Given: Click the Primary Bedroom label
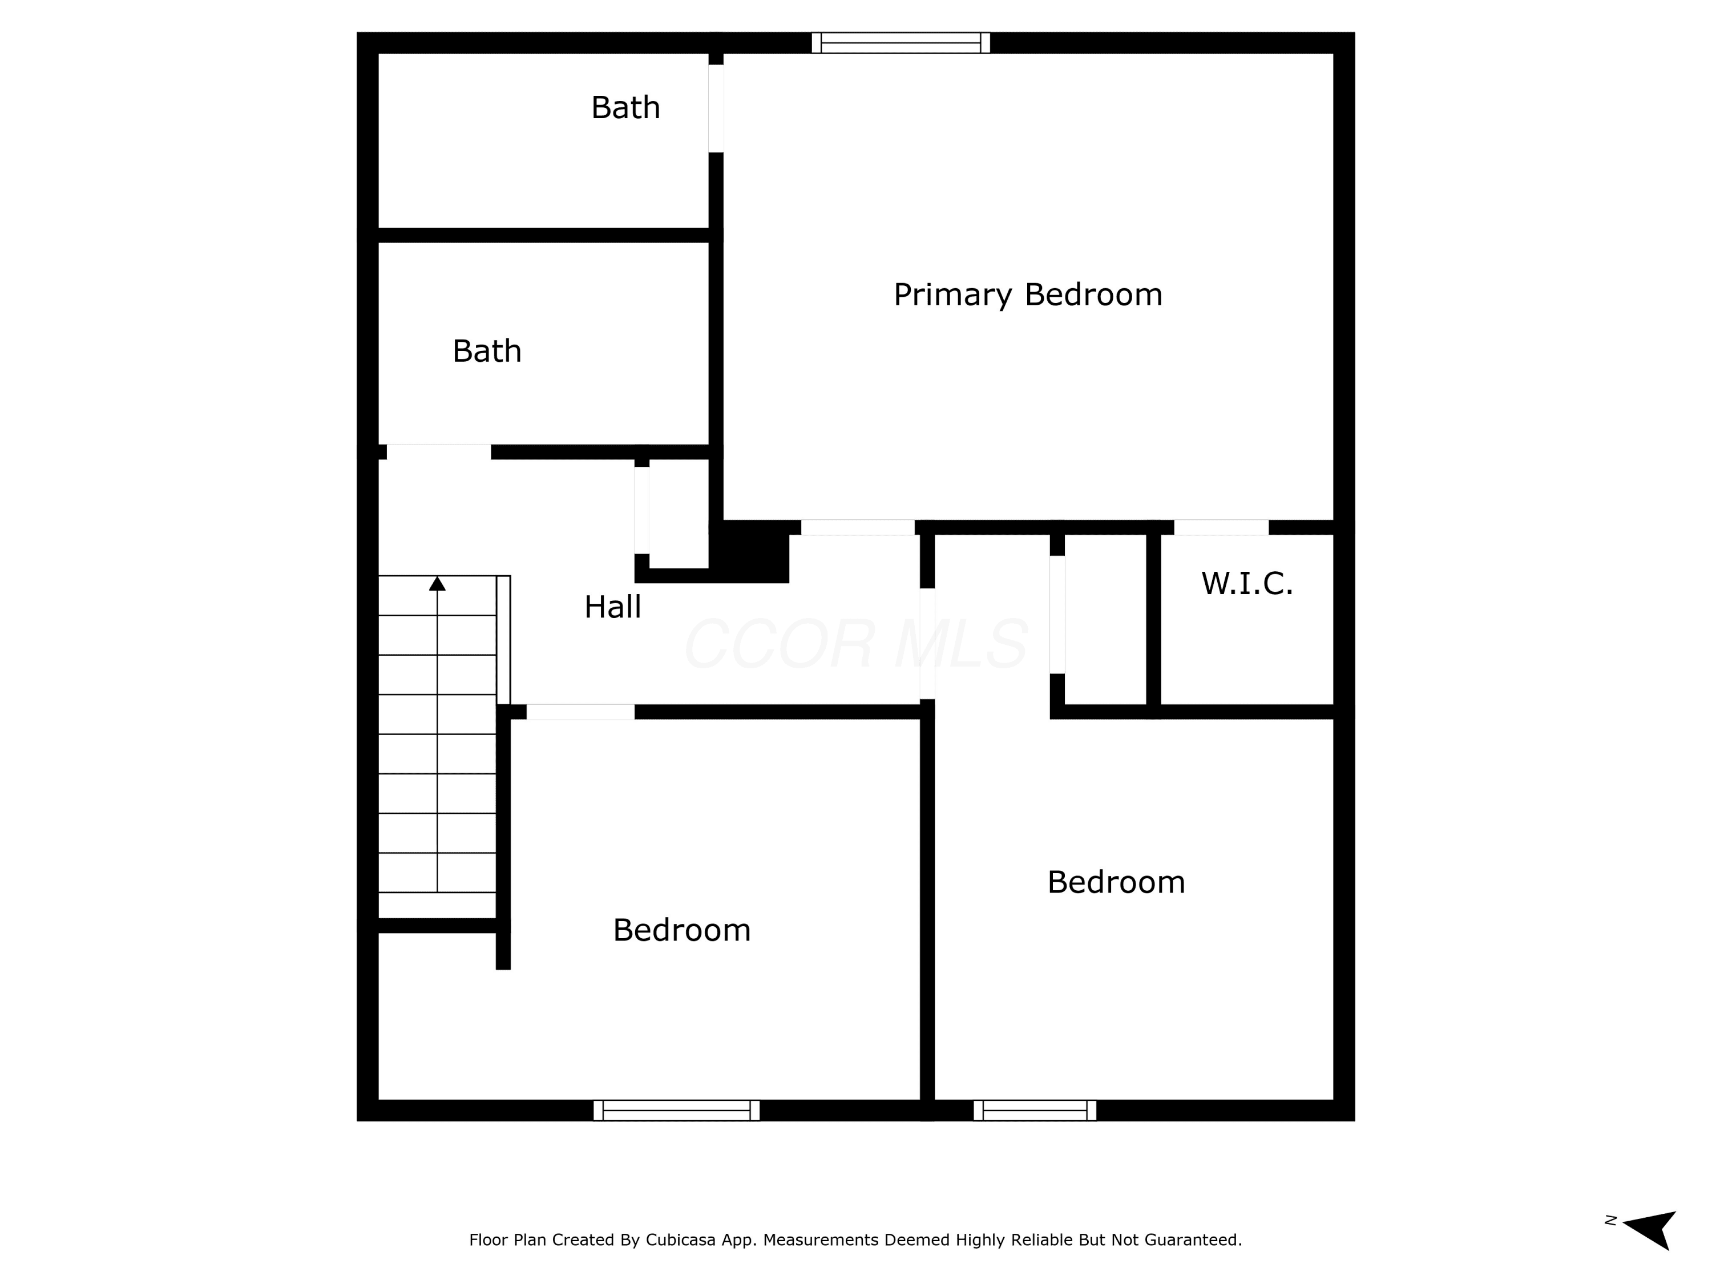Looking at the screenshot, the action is tap(1028, 295).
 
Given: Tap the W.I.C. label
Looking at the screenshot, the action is tap(1247, 584).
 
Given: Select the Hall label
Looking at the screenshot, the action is tap(612, 607).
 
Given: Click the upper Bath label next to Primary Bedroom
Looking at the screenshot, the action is tap(625, 108).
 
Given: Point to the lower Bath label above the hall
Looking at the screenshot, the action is tap(487, 352).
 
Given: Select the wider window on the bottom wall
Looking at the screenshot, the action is tap(676, 1111).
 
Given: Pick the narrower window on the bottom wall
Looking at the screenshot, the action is tap(1035, 1111).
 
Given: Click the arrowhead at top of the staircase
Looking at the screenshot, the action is tap(437, 584).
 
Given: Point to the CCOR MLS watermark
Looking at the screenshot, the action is tap(856, 644).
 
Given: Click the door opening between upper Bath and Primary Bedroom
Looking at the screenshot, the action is tap(716, 108).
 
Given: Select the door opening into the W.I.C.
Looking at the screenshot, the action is tap(1221, 528).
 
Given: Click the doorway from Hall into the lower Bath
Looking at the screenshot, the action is tap(439, 452).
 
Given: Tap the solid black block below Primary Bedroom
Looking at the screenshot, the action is tap(749, 551).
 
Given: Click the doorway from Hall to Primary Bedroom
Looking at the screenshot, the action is tap(858, 528).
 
